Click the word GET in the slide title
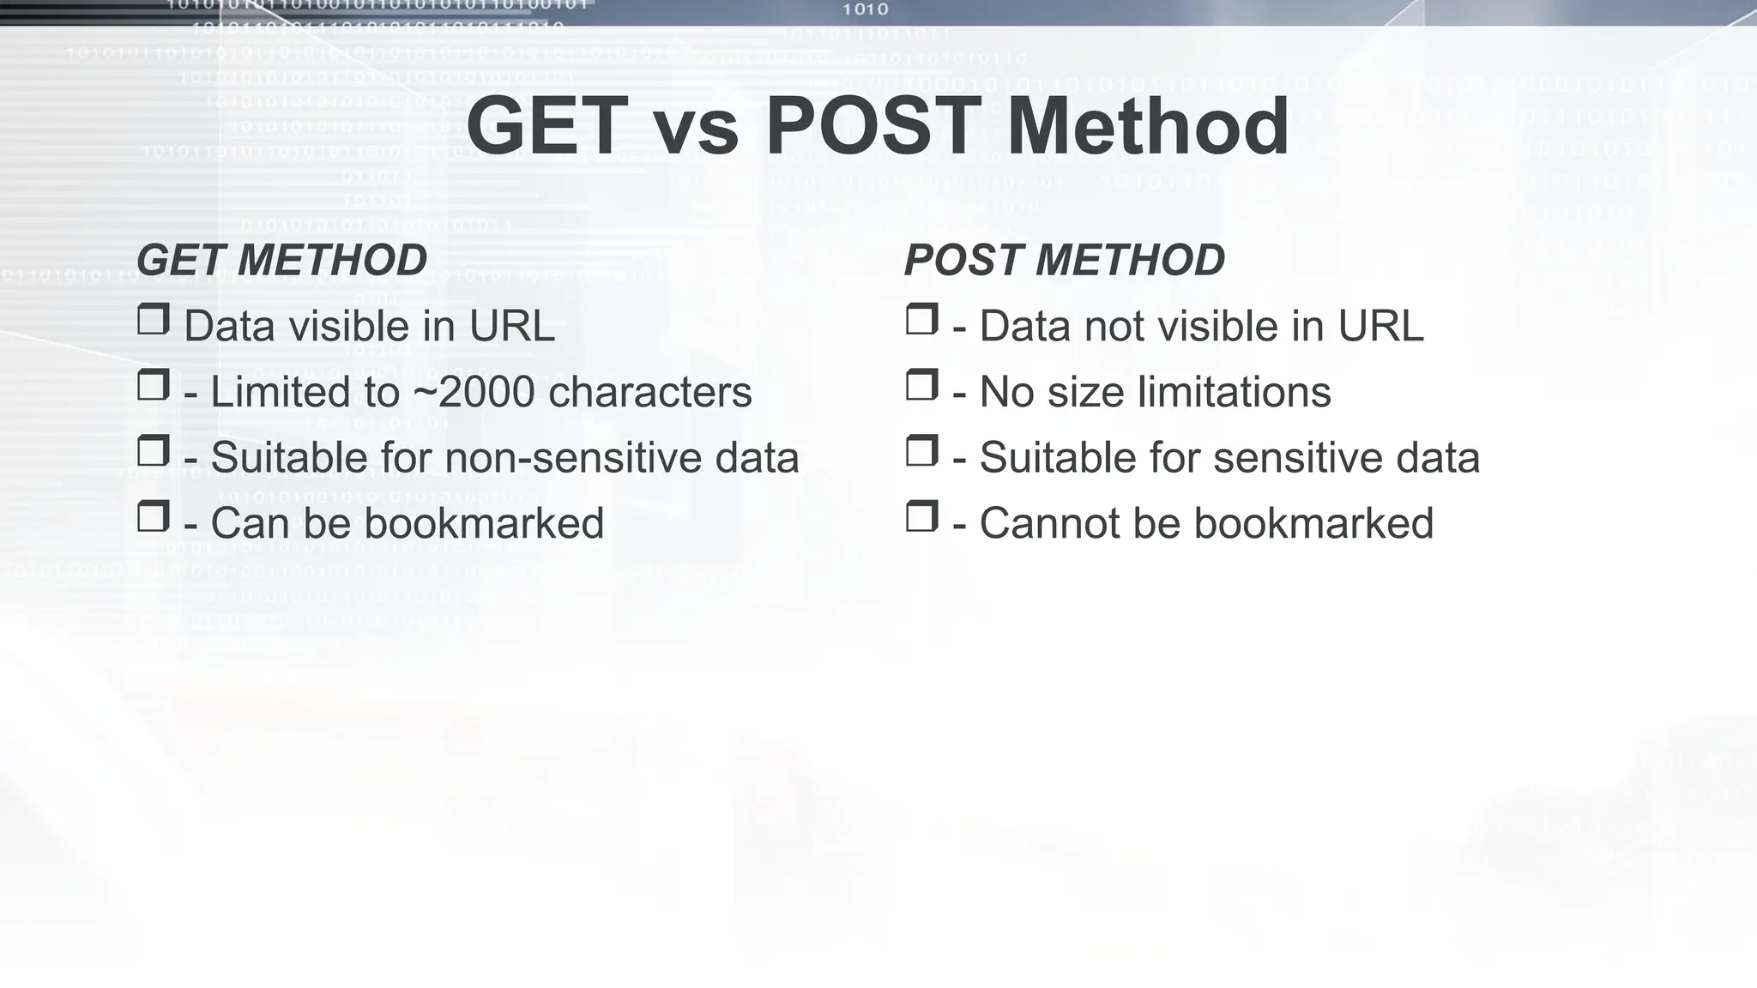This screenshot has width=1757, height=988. pyautogui.click(x=547, y=127)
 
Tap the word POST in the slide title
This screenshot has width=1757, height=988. pyautogui.click(x=872, y=127)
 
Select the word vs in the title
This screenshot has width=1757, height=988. pyautogui.click(x=696, y=129)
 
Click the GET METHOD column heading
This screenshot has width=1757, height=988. pyautogui.click(x=281, y=260)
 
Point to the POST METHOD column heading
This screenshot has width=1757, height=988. pyautogui.click(x=1065, y=260)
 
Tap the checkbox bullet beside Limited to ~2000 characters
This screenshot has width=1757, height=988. pyautogui.click(x=153, y=385)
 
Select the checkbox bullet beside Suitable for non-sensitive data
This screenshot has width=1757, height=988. pyautogui.click(x=153, y=450)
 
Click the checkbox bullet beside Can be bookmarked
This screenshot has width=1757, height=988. pyautogui.click(x=153, y=516)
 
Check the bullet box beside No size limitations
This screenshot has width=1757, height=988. pyautogui.click(x=921, y=385)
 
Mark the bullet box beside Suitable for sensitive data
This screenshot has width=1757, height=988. pyautogui.click(x=921, y=450)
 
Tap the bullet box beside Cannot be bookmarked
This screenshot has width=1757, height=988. pyautogui.click(x=921, y=516)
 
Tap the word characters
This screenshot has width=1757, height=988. pyautogui.click(x=649, y=392)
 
